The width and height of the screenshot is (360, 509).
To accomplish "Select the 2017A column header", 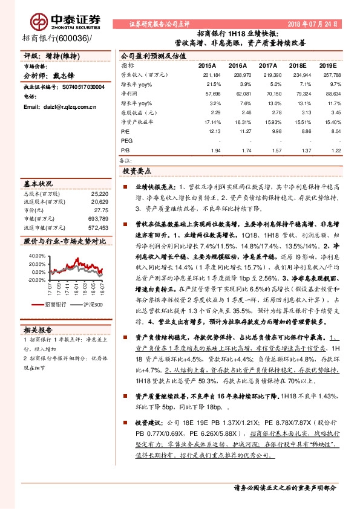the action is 267,65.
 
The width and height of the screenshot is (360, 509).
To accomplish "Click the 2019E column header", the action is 327,65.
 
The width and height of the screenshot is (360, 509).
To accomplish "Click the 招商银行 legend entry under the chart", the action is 51,304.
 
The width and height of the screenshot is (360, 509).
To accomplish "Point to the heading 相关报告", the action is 38,329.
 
